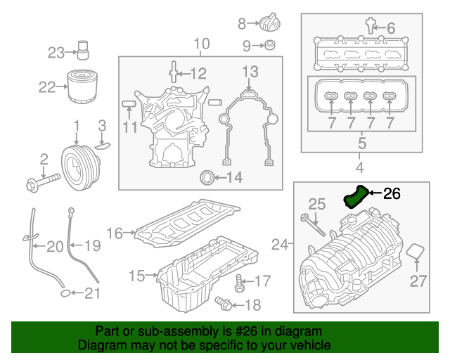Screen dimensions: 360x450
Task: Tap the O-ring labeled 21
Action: [64, 292]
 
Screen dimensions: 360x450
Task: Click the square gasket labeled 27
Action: [416, 252]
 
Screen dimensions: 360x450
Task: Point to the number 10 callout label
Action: [202, 44]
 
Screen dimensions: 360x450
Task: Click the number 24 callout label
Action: [281, 245]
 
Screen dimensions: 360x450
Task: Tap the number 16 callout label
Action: [115, 232]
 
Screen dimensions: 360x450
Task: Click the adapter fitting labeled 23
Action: [84, 51]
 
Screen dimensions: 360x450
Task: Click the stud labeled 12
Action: [173, 73]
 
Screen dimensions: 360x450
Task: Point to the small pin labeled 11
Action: [128, 104]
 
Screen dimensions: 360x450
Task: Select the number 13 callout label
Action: [250, 71]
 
